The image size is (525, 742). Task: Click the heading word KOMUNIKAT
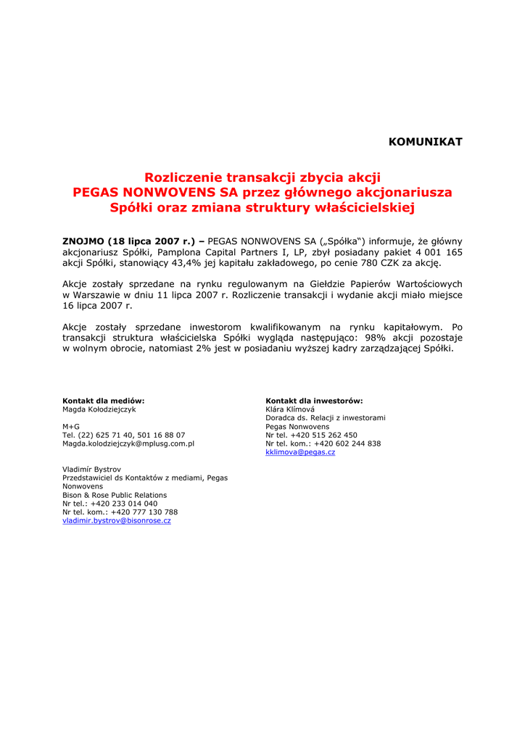point(425,142)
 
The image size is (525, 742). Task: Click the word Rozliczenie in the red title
point(183,178)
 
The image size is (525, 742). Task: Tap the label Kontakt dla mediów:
point(104,401)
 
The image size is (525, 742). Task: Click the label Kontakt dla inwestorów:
point(314,401)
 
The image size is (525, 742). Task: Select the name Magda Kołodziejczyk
point(99,409)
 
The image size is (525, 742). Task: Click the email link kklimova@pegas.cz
point(300,452)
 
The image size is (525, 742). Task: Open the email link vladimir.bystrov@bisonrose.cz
point(117,521)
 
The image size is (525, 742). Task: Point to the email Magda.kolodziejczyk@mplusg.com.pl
point(128,443)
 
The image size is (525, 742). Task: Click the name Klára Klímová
point(290,409)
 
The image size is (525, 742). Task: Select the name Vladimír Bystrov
point(91,470)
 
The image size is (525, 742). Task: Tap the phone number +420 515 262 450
point(323,435)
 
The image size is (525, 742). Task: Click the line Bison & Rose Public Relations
point(115,495)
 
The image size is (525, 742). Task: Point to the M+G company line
point(71,427)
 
